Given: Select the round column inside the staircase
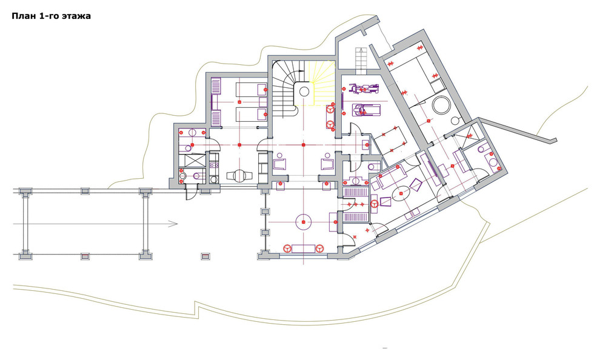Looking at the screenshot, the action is (x=304, y=92).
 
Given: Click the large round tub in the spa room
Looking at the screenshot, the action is (x=441, y=105).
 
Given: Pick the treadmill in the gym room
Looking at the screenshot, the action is (x=366, y=110).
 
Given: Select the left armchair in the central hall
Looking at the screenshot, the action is (x=279, y=164).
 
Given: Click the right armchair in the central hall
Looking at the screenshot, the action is (x=327, y=164).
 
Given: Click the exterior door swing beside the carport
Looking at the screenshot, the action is (x=190, y=193).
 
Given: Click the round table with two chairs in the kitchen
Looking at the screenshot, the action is (x=239, y=175).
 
